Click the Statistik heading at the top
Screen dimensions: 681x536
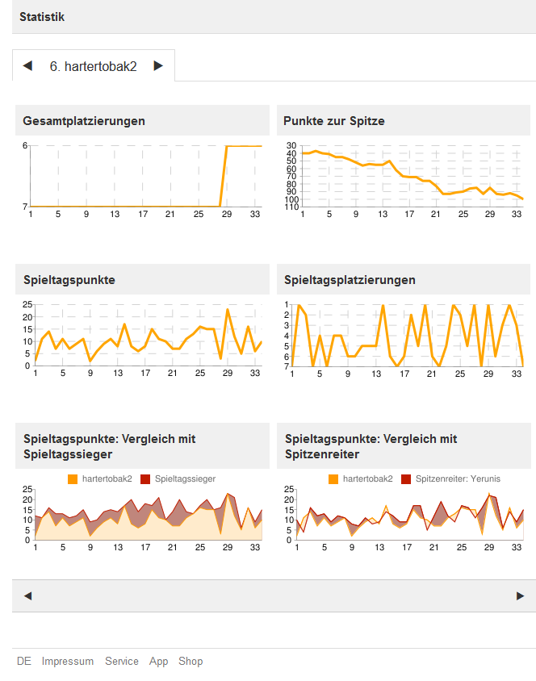click(42, 16)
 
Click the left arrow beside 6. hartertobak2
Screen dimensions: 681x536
click(27, 66)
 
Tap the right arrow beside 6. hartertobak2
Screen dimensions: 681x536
click(158, 66)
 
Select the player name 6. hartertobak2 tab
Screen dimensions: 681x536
click(94, 66)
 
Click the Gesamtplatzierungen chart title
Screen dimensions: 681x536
click(84, 121)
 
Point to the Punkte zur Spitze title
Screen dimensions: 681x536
click(334, 121)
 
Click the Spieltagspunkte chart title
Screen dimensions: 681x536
click(69, 280)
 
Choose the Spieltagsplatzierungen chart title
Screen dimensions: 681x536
click(350, 280)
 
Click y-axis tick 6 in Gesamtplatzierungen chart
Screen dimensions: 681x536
click(25, 145)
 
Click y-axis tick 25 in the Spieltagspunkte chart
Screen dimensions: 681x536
click(27, 304)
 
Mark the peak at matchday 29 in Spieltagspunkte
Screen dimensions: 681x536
click(228, 309)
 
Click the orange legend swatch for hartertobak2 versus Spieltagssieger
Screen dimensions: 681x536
click(73, 478)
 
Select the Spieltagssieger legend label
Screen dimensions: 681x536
click(185, 478)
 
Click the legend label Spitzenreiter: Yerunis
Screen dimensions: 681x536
click(458, 478)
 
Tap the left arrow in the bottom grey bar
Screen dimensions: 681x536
click(27, 595)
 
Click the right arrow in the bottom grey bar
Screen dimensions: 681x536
click(520, 595)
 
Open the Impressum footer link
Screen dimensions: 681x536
click(68, 661)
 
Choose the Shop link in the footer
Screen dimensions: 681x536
click(191, 661)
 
